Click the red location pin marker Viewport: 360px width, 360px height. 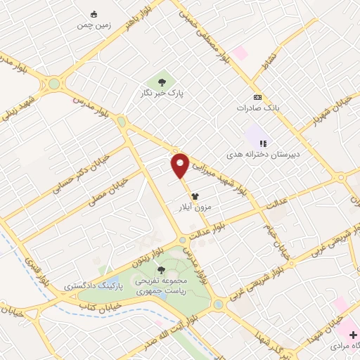(181, 165)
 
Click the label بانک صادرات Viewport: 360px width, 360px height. (257, 109)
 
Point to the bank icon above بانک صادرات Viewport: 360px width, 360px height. (257, 98)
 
